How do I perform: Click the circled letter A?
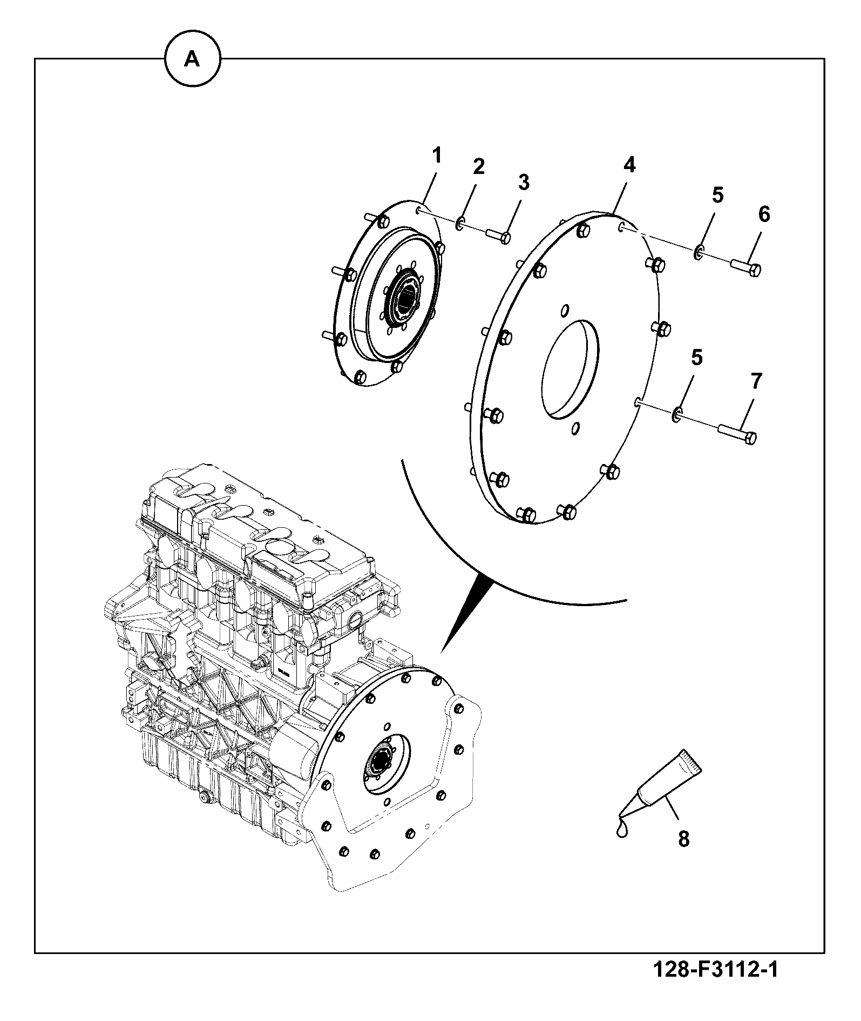point(192,59)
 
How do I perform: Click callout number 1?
point(437,156)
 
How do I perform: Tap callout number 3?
point(524,183)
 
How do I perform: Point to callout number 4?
point(629,165)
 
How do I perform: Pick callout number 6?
point(764,214)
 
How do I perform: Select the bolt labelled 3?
point(498,236)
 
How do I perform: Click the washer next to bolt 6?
point(698,251)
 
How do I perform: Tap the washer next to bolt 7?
point(677,415)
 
